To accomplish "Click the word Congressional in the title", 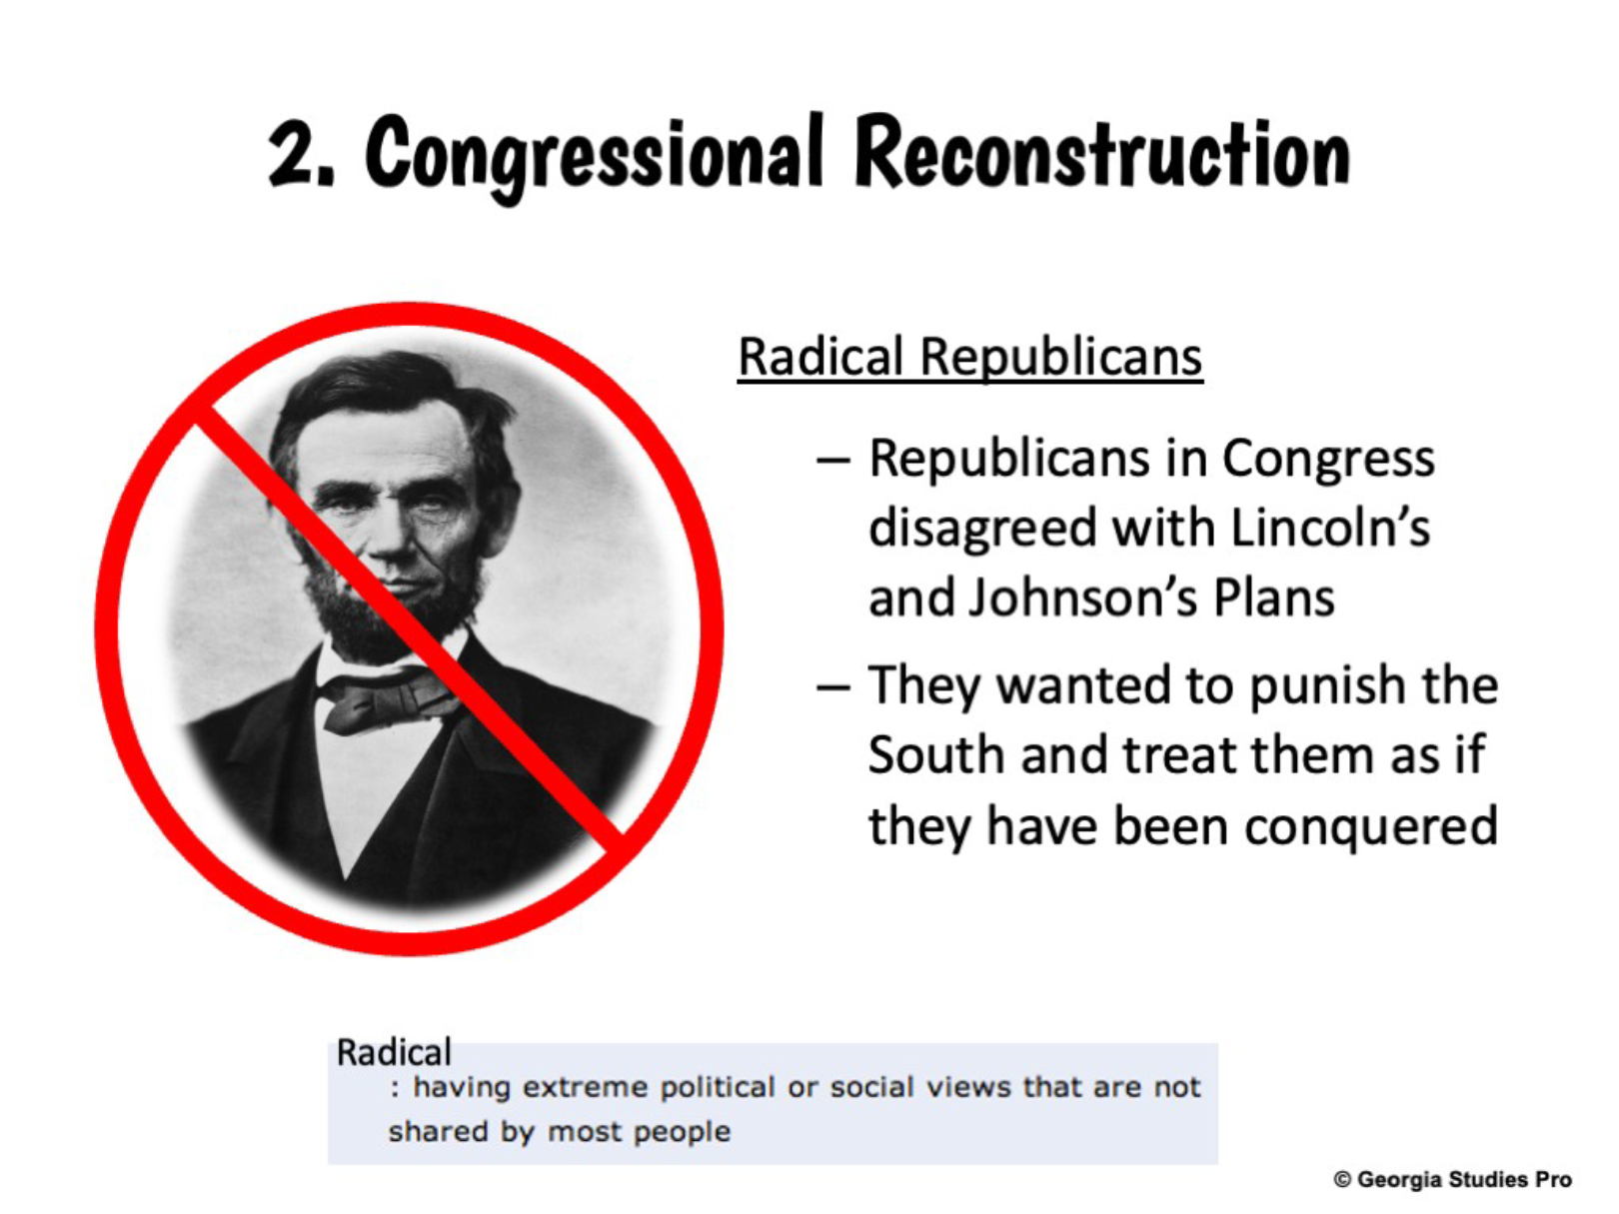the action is point(593,156).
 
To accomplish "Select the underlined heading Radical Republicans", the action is point(970,358).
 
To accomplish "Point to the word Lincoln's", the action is point(1330,528).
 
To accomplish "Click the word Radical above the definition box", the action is point(393,1052).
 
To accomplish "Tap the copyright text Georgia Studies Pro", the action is point(1452,1179).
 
